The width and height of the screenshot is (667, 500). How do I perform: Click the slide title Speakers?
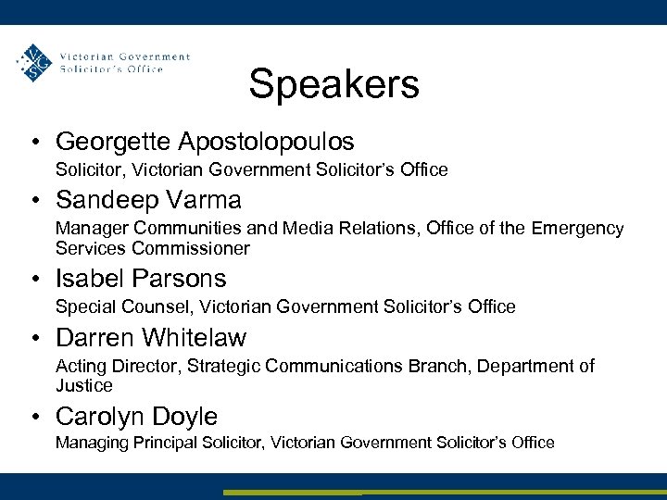tap(333, 84)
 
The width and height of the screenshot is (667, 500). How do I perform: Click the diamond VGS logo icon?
tap(35, 63)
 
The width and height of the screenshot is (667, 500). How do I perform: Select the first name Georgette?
tap(114, 142)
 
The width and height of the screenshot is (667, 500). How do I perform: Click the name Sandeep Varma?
tap(148, 200)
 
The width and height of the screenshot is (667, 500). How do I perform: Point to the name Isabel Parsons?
tap(141, 279)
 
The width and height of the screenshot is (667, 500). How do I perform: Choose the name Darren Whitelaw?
tap(151, 338)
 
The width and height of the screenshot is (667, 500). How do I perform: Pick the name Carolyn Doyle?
tap(136, 417)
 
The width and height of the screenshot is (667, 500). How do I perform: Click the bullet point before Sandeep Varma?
tap(33, 201)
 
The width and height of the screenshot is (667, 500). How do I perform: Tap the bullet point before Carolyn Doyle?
tap(33, 418)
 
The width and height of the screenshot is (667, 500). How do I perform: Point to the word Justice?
tap(83, 385)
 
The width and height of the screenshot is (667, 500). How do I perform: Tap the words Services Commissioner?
tap(152, 248)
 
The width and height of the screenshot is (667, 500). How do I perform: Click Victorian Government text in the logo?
tap(124, 56)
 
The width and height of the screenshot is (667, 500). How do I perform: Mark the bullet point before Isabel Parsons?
tap(33, 280)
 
